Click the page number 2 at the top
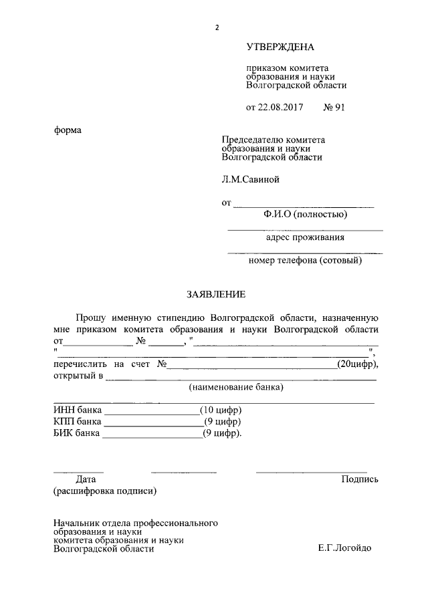pyautogui.click(x=217, y=27)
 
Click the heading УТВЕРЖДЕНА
pyautogui.click(x=280, y=47)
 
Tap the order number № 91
pyautogui.click(x=334, y=107)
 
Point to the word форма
pyautogui.click(x=68, y=130)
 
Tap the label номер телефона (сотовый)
pyautogui.click(x=305, y=260)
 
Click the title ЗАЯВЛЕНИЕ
pyautogui.click(x=216, y=294)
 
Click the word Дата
pyautogui.click(x=86, y=479)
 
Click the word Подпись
pyautogui.click(x=360, y=479)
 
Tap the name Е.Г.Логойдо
pyautogui.click(x=344, y=548)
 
